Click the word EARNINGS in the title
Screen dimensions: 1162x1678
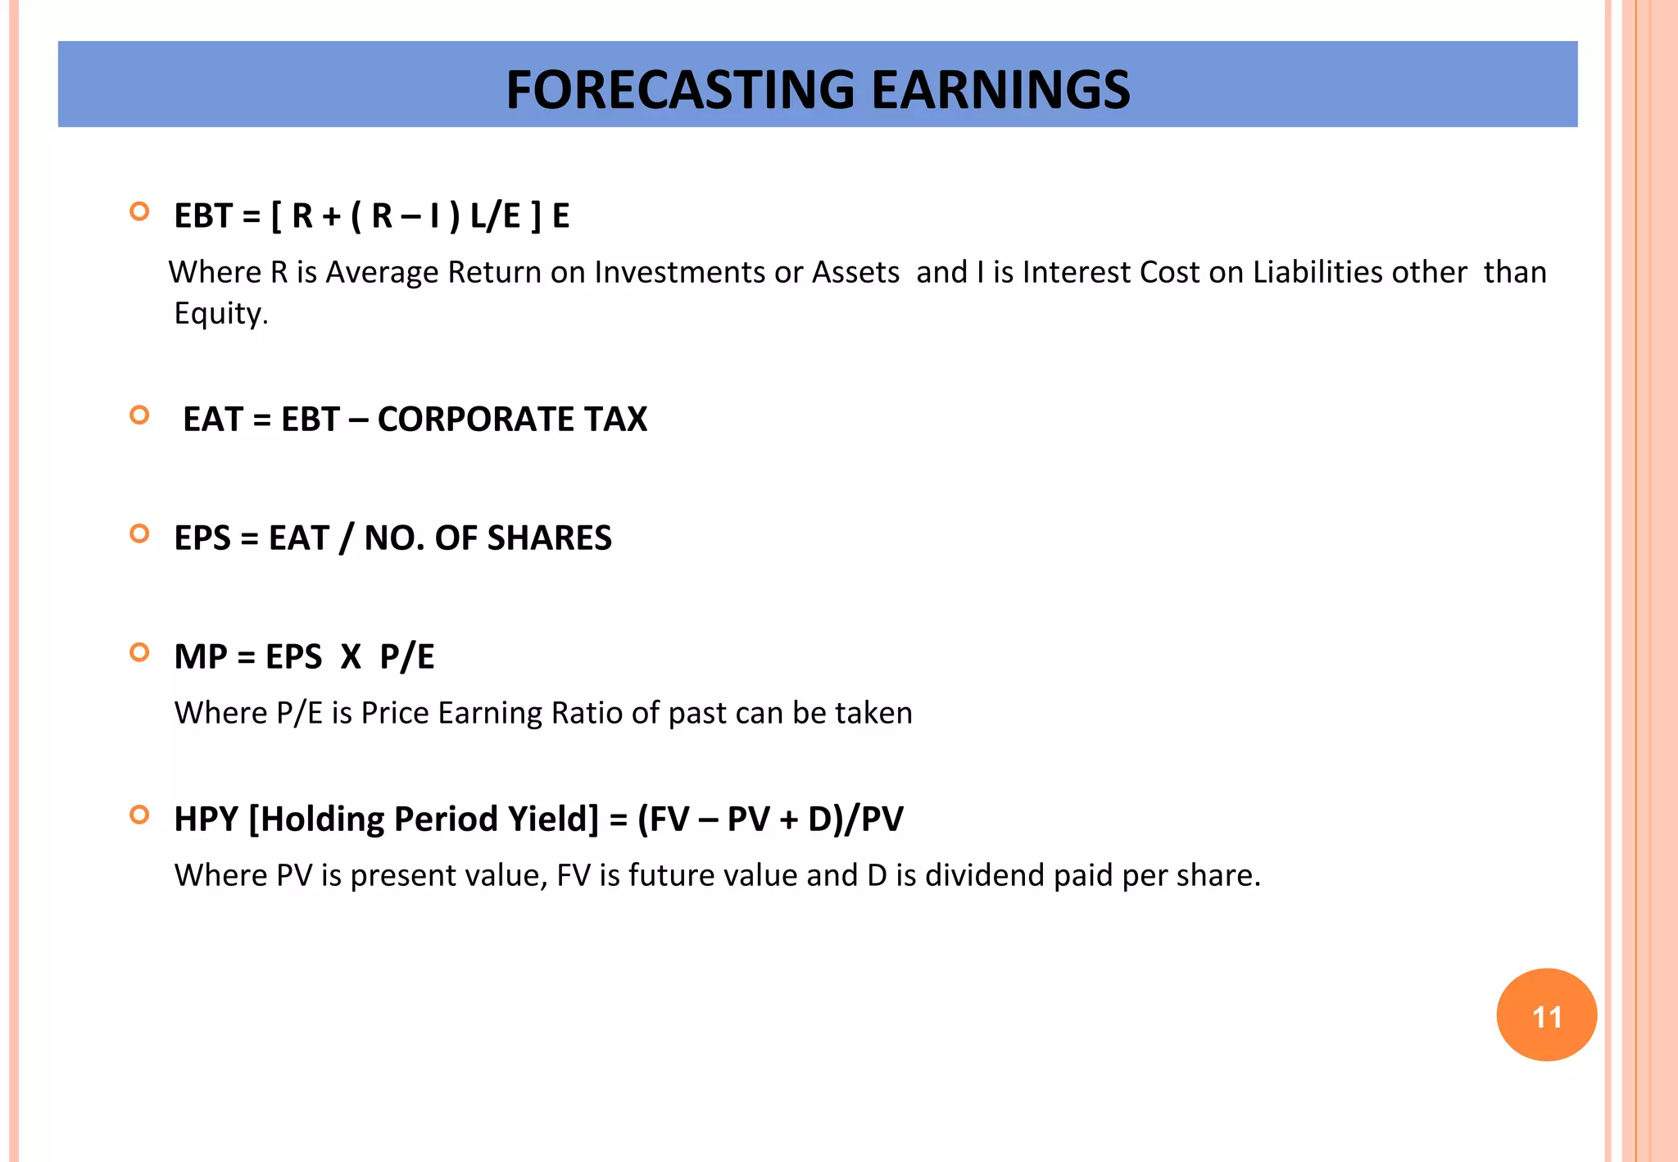pyautogui.click(x=1000, y=89)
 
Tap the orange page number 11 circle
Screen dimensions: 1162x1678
pyautogui.click(x=1546, y=1015)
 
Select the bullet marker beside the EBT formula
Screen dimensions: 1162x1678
pyautogui.click(x=140, y=211)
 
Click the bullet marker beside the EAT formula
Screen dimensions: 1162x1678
pyautogui.click(x=140, y=415)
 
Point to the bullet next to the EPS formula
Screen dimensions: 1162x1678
pyautogui.click(x=140, y=534)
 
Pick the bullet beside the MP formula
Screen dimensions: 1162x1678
pyautogui.click(x=140, y=652)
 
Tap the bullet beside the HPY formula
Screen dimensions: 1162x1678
pyautogui.click(x=140, y=815)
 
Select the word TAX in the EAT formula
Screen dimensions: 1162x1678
pyautogui.click(x=615, y=420)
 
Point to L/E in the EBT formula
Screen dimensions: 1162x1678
pyautogui.click(x=496, y=216)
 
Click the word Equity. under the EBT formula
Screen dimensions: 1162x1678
pyautogui.click(x=221, y=314)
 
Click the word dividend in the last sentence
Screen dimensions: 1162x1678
pyautogui.click(x=985, y=875)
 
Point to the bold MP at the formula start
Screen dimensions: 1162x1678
pyautogui.click(x=201, y=657)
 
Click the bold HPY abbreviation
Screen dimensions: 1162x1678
pyautogui.click(x=206, y=819)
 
